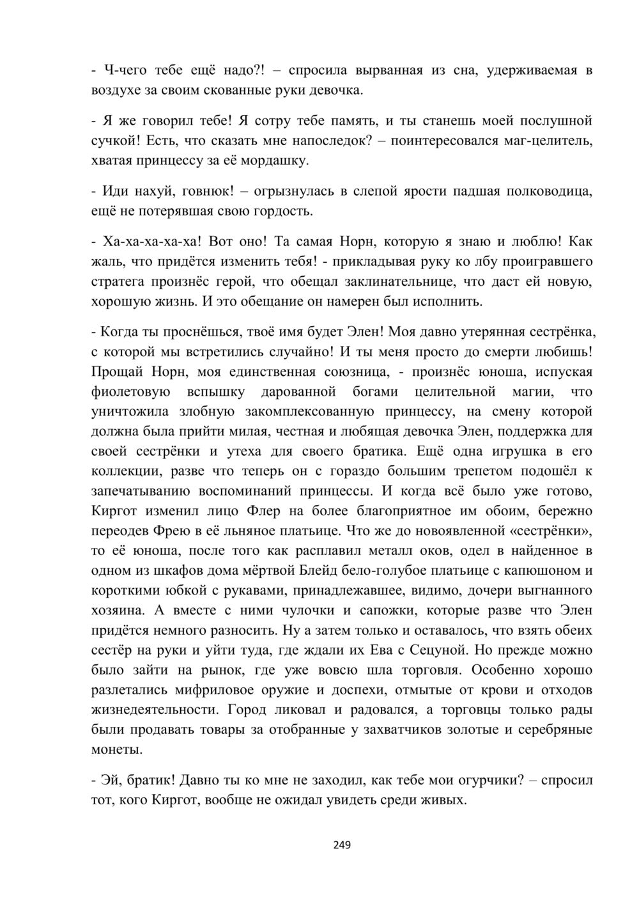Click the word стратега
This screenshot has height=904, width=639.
119,281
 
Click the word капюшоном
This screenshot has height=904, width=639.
536,570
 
